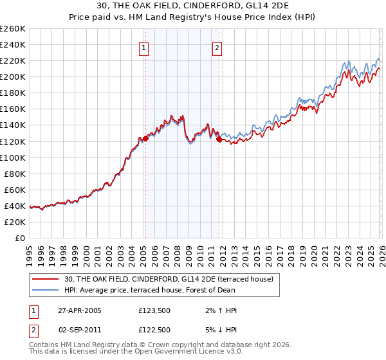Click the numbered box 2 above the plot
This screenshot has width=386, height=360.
tap(217, 47)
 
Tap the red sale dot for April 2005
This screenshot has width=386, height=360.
tap(146, 138)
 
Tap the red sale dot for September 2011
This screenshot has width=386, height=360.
tap(219, 139)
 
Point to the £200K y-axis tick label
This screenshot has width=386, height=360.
tap(13, 77)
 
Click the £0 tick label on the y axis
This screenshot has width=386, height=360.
tap(21, 238)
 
